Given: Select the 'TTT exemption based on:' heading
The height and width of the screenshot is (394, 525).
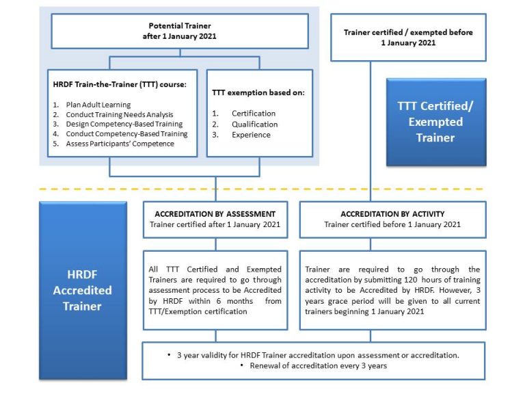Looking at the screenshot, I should tap(258, 92).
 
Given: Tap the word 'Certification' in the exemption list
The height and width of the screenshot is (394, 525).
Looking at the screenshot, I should tap(254, 114).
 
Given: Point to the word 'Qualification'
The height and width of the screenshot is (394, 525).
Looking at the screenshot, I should tap(254, 124).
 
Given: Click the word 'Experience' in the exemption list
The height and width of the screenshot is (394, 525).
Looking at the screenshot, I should tap(251, 135).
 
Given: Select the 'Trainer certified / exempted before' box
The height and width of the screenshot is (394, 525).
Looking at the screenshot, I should tap(407, 37).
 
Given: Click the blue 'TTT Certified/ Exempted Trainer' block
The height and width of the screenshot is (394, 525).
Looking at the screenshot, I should tap(435, 122).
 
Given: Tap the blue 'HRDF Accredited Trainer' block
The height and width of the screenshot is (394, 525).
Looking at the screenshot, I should tap(83, 290).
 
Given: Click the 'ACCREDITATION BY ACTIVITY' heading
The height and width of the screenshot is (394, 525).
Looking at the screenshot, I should tap(392, 214).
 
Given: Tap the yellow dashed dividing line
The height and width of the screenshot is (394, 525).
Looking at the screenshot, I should tap(260, 189).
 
